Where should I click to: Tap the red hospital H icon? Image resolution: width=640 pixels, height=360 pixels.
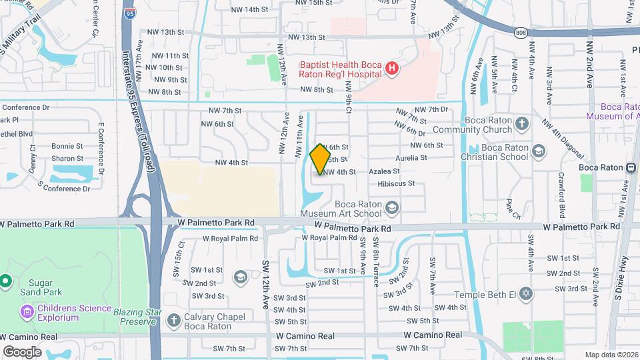pos(393,67)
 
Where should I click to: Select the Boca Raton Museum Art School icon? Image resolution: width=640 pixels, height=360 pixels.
pos(391,209)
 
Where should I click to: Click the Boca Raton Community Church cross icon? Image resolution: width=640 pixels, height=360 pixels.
pos(521,124)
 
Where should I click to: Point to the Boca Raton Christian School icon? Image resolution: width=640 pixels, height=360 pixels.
pos(537,151)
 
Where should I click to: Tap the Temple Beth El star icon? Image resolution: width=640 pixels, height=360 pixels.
pos(525,294)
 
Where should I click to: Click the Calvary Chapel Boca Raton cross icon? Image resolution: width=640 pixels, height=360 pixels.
pos(173,321)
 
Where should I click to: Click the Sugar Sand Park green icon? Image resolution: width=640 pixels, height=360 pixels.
pos(5,281)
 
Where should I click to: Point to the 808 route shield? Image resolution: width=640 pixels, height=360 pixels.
pos(520,31)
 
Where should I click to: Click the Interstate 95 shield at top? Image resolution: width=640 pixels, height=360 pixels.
pos(129,13)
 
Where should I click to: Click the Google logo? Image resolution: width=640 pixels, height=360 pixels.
pos(23,351)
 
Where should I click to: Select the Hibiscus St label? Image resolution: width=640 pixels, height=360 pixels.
pos(396,183)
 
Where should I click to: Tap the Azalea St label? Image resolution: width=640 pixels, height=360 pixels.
pos(385,171)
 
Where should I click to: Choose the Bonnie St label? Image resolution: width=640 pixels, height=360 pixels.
pos(67,146)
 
